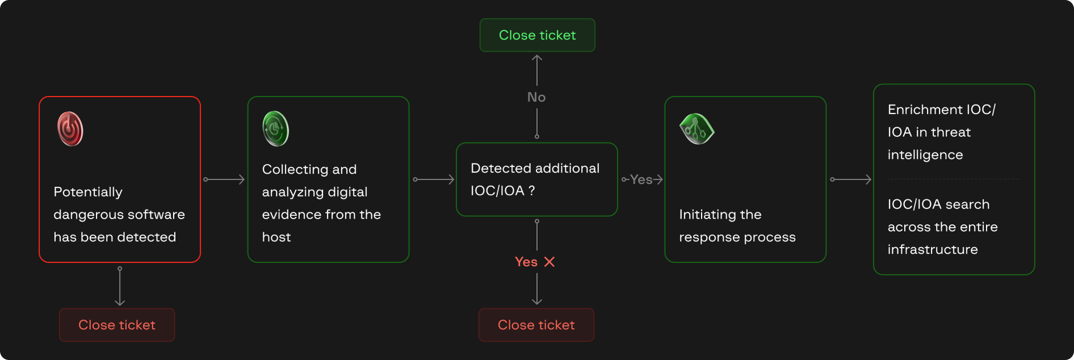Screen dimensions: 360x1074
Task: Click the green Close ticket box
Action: click(537, 35)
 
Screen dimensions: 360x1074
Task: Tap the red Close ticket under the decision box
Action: click(536, 325)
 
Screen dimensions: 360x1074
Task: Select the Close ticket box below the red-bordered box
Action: click(117, 325)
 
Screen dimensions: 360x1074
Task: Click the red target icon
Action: click(70, 129)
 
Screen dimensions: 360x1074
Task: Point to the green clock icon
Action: click(276, 129)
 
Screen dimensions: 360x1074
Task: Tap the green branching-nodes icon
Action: click(696, 129)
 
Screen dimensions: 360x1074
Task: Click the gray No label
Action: click(536, 97)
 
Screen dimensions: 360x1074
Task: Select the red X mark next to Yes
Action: click(549, 262)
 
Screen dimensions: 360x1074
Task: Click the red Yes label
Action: click(526, 262)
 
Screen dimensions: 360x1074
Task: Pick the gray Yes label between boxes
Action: click(641, 179)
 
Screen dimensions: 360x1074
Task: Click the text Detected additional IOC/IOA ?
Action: click(535, 179)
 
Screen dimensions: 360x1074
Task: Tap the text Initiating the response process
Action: click(737, 225)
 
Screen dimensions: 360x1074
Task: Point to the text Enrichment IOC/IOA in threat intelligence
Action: click(941, 132)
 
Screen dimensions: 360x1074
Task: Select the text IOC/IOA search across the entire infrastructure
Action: click(942, 227)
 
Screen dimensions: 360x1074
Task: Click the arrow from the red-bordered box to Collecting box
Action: click(224, 179)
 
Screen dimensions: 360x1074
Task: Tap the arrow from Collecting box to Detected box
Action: click(434, 179)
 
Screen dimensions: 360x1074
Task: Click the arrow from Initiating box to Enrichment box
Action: click(850, 179)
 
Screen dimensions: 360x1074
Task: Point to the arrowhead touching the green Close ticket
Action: click(537, 58)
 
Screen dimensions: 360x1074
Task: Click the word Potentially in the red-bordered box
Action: click(88, 192)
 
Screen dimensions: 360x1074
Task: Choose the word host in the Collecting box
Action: click(276, 237)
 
